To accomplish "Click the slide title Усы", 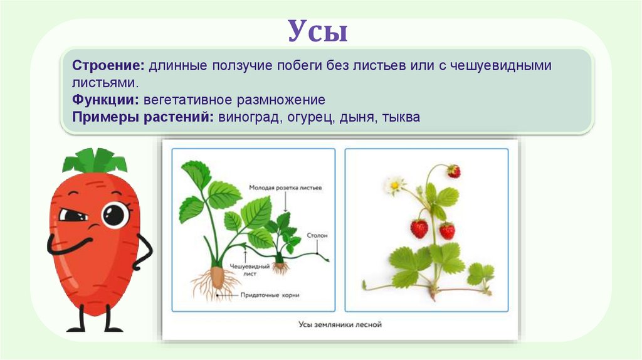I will coord(318,31).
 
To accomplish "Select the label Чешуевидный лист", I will coord(249,269).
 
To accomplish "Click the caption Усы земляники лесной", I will coord(339,324).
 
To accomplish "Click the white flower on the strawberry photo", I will coord(395,184).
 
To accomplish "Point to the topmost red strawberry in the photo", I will coord(453,171).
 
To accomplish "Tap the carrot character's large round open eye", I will coord(115,215).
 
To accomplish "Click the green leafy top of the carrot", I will coord(95,162).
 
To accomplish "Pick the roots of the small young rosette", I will coord(280,268).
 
